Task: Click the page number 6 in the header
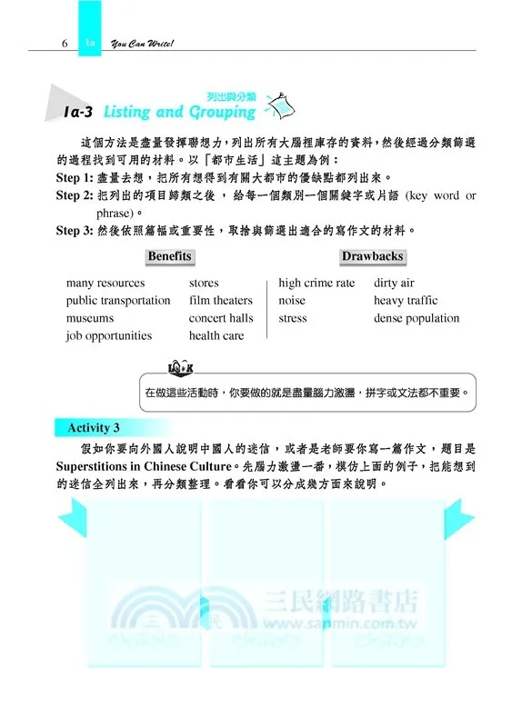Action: click(x=65, y=43)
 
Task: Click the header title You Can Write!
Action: click(x=141, y=43)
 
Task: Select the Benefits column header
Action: click(x=169, y=257)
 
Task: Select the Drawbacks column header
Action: click(x=373, y=257)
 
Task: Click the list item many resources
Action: click(x=105, y=284)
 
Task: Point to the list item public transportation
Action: click(x=118, y=301)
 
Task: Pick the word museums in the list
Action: click(x=90, y=319)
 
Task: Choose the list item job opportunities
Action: click(x=109, y=336)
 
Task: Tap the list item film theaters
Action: click(x=221, y=301)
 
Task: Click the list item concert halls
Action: click(x=221, y=319)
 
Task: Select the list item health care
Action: click(x=216, y=336)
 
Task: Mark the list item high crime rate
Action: click(x=316, y=284)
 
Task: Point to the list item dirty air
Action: click(x=394, y=284)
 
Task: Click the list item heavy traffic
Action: click(x=406, y=301)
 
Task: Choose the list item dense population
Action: click(x=417, y=319)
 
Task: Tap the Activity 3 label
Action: click(x=94, y=428)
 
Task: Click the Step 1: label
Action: click(x=75, y=178)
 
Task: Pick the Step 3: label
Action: click(x=75, y=231)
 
